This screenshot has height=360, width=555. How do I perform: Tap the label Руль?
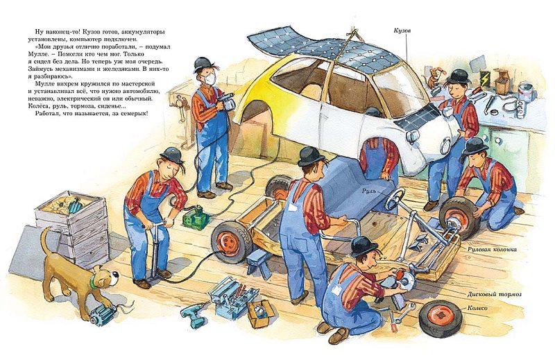coord(368,191)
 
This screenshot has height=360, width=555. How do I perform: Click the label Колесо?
coord(477,308)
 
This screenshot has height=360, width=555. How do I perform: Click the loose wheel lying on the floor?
coord(441,318)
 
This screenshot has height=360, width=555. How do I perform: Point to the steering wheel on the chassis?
coord(395,198)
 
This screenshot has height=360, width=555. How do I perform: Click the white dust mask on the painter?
coord(211,79)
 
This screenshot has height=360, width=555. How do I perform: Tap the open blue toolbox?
coord(232,296)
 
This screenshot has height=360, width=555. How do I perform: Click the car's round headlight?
coord(412,135)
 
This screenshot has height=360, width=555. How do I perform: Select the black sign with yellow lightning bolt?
coord(484,77)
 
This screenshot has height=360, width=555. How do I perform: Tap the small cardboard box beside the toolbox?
coord(262,314)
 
